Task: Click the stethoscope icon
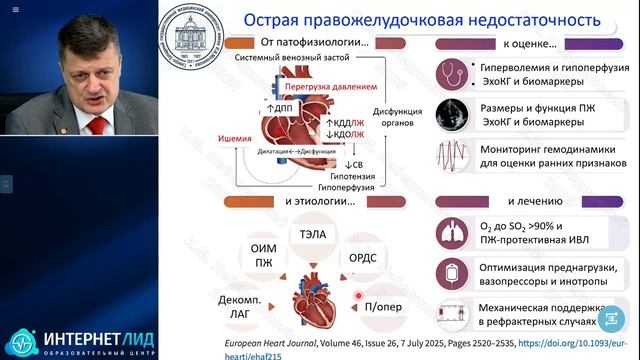(x=456, y=73)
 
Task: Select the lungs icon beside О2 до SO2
(x=455, y=232)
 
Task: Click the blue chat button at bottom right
(x=610, y=318)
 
